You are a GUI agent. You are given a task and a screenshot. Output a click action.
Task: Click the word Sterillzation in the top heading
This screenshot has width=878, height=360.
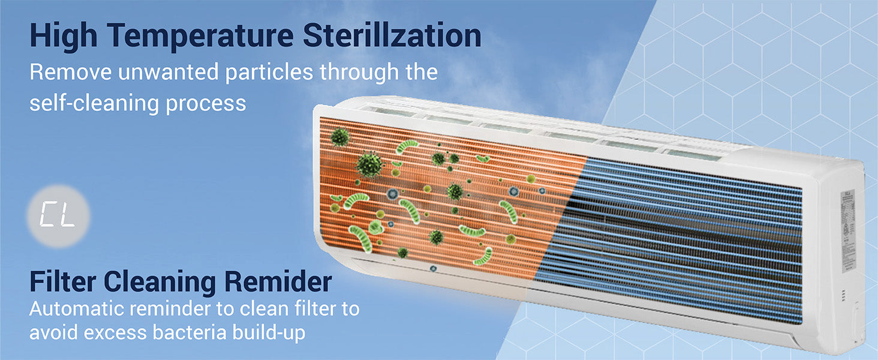coord(392,35)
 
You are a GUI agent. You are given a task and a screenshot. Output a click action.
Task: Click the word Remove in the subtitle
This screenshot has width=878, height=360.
coord(71,72)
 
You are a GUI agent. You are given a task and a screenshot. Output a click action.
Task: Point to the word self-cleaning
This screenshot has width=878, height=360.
coord(94,104)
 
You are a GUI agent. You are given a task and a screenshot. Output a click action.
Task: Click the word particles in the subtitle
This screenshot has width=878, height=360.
coord(269,72)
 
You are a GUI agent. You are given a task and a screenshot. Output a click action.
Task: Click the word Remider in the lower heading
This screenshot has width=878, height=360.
coord(278,281)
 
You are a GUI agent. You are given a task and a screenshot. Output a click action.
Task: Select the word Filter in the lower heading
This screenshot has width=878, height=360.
coord(62,281)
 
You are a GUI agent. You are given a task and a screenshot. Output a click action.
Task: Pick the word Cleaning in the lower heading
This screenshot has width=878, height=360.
coord(160,283)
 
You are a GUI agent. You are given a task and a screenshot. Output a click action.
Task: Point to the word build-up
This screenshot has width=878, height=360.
coord(269,333)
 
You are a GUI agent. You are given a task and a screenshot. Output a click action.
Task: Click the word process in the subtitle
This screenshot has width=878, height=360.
coord(206,104)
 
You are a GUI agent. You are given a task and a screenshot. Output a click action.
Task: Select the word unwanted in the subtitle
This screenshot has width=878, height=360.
coord(168,72)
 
